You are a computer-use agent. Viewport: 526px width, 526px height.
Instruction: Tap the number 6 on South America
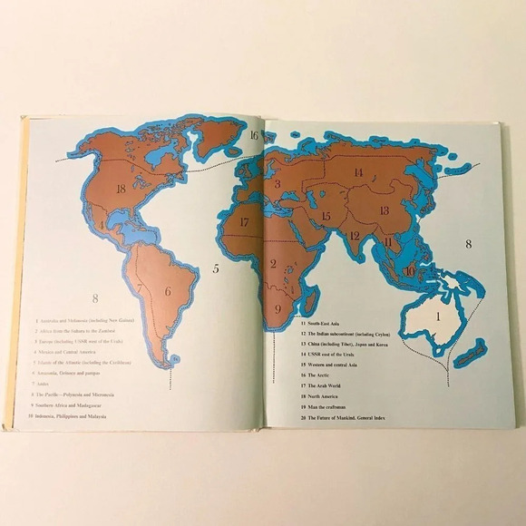coord(168,291)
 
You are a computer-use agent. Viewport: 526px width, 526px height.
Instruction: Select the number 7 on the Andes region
coord(141,289)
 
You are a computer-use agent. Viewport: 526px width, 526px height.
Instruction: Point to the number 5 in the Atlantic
coord(216,268)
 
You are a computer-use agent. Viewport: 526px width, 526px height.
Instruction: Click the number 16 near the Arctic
coord(255,136)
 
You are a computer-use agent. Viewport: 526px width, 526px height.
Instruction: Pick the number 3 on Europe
coord(278,183)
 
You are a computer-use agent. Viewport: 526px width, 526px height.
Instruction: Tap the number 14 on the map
coord(358,172)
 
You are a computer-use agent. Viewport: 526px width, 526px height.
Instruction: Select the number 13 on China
coord(384,210)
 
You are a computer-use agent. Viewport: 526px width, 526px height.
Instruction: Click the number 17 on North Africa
coord(244,221)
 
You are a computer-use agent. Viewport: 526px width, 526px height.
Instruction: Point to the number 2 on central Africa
coord(273,264)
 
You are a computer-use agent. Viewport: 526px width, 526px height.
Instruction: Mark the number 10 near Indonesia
coord(409,270)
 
